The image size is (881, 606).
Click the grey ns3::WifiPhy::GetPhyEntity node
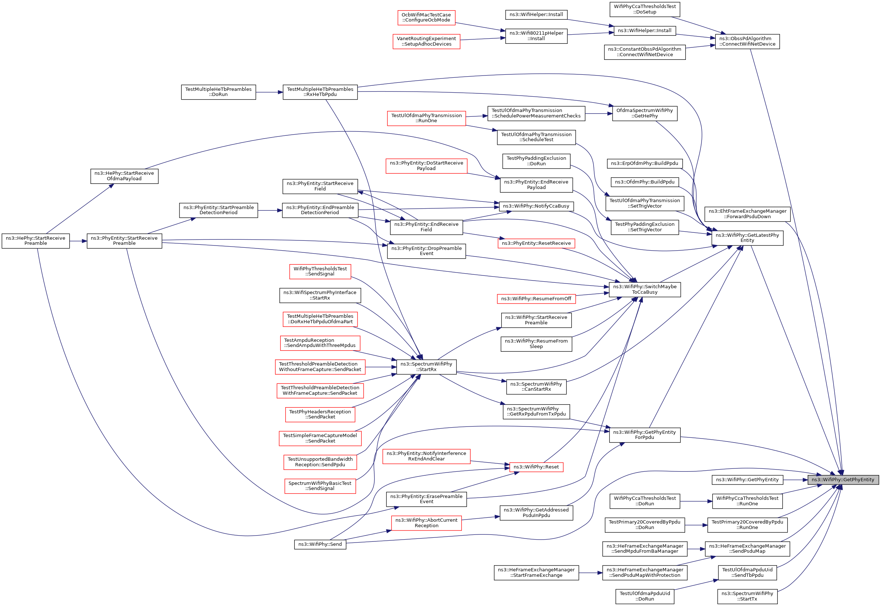843,480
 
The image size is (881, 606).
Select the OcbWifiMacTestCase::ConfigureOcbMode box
426,18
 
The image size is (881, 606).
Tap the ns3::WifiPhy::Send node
320,544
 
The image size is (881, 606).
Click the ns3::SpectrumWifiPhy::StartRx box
426,367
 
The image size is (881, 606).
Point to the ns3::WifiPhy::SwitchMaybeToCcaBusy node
645,289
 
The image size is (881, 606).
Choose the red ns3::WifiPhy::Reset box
536,467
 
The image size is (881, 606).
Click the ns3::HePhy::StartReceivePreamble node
36,241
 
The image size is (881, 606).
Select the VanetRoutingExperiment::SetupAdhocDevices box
426,41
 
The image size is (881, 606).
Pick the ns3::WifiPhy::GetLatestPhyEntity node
747,238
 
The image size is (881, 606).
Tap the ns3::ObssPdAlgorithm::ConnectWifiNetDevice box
747,41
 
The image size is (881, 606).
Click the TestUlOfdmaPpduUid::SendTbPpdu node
747,572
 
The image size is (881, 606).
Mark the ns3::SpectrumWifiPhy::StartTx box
747,597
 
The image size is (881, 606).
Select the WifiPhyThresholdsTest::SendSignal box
320,271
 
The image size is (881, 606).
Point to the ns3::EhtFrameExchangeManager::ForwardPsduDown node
747,214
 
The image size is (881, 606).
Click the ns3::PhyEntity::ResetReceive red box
536,243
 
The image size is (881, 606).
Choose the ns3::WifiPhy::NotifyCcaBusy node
536,206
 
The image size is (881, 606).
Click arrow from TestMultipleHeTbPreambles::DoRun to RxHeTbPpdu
269,92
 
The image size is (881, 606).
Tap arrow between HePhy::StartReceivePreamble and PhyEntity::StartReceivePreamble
78,241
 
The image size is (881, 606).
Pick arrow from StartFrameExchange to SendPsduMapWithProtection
591,573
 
